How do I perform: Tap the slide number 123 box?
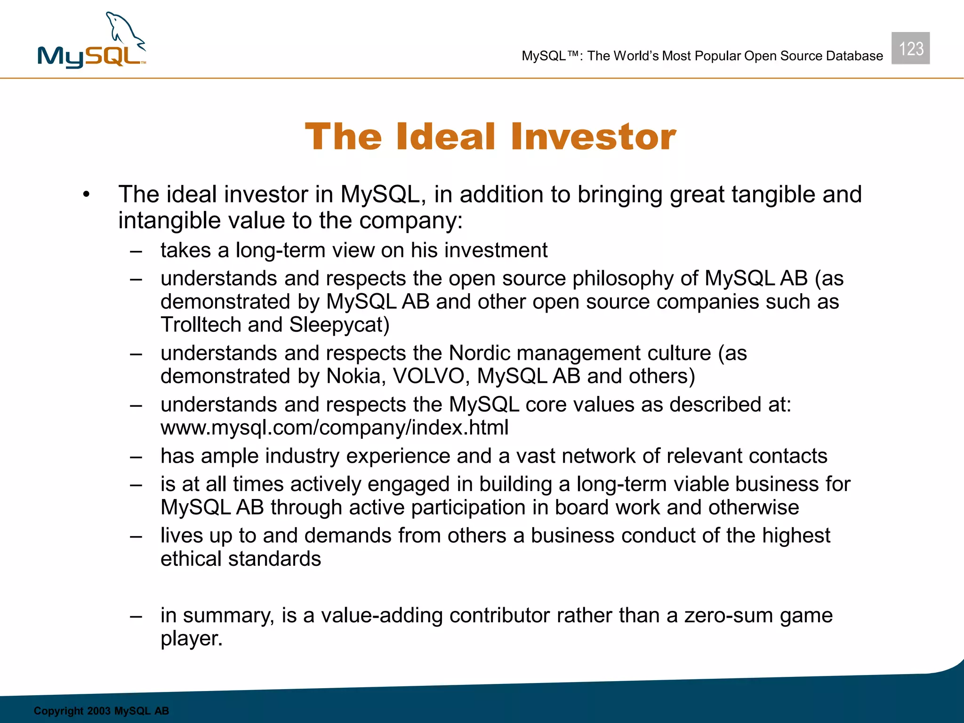pos(910,48)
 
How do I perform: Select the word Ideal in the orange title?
pos(446,137)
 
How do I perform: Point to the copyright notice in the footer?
pos(101,711)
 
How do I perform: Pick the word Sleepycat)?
pos(339,325)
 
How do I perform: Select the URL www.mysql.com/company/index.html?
pos(335,427)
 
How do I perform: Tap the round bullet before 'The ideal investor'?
pos(86,195)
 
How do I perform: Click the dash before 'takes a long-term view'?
pos(137,251)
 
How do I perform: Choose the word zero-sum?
pos(729,616)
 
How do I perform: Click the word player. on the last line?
pos(191,639)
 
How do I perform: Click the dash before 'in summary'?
pos(137,616)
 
